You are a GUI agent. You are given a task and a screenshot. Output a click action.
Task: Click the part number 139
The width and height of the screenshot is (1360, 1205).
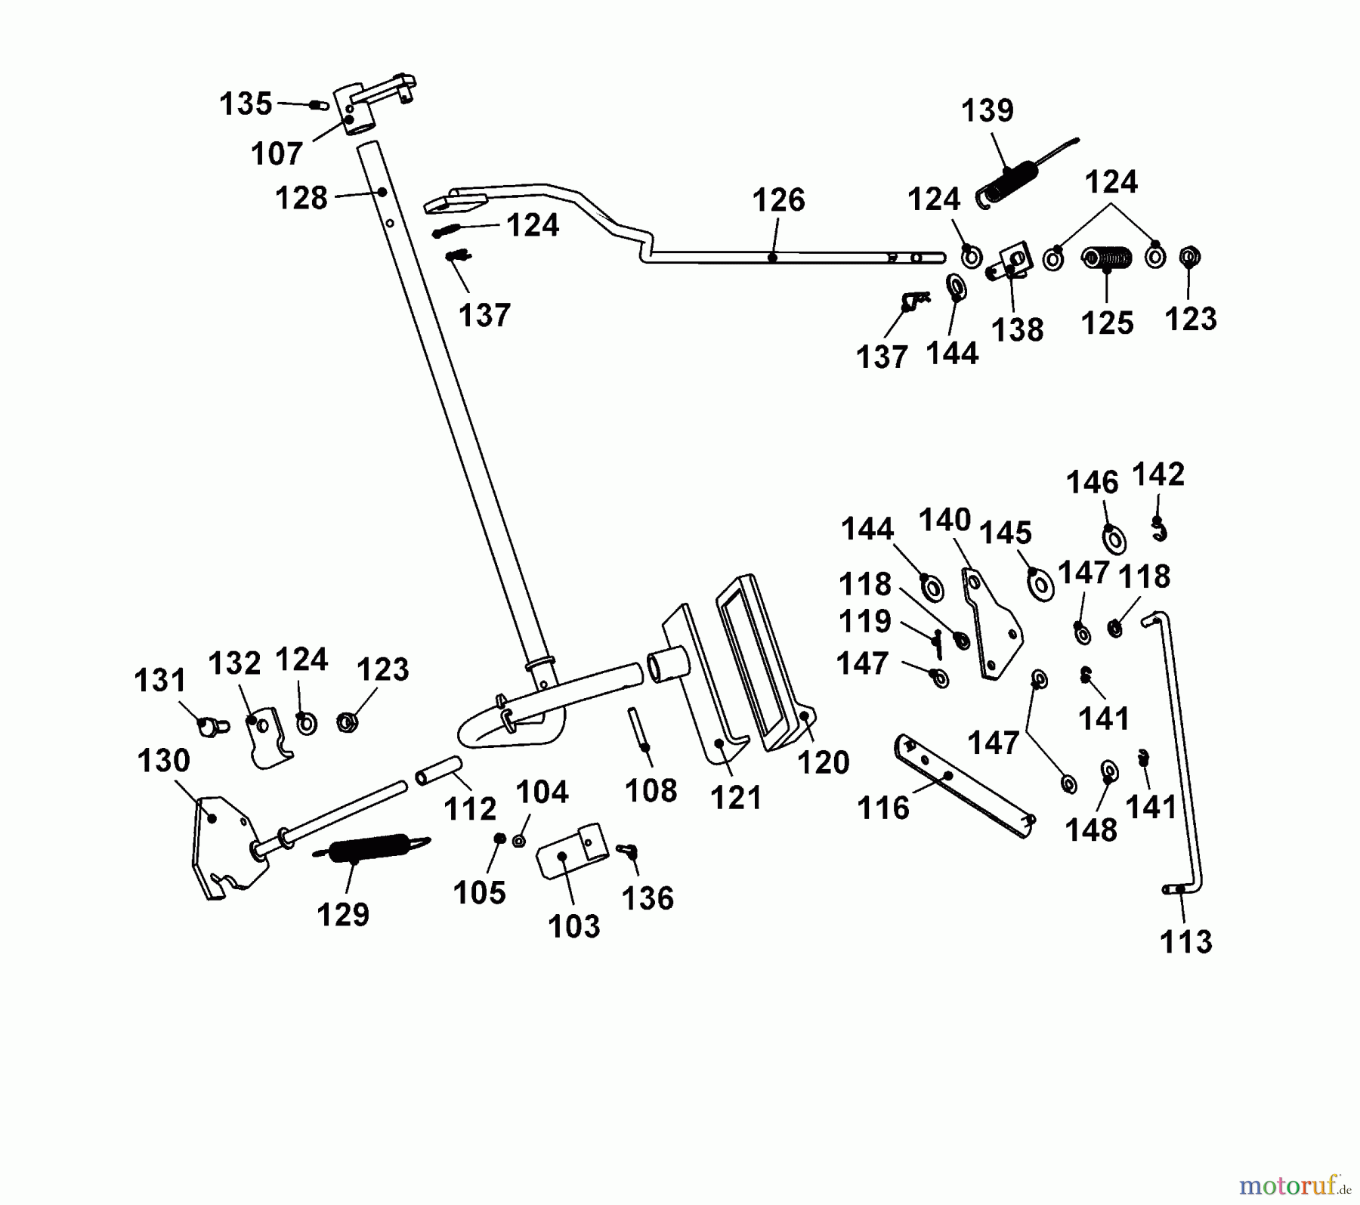coord(987,111)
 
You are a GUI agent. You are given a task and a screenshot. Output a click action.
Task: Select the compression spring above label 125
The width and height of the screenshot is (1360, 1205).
coord(1107,259)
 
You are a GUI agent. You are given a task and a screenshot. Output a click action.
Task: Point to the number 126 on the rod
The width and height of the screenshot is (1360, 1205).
coord(778,200)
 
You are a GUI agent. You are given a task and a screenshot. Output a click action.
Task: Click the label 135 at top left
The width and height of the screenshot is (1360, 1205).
coord(246,104)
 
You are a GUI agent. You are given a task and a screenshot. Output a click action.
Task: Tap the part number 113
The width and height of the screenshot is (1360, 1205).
coord(1185,942)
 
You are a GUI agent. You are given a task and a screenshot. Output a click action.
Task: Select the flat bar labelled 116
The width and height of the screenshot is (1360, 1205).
coord(963,786)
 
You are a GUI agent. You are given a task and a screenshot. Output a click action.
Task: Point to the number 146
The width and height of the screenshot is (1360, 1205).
coord(1092,483)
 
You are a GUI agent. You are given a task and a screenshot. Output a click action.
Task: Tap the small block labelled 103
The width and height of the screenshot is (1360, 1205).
coord(572,851)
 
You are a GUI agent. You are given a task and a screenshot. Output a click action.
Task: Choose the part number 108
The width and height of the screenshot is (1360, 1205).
coord(651,791)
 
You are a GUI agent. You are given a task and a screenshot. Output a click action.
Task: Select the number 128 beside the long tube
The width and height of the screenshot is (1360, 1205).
coord(301,199)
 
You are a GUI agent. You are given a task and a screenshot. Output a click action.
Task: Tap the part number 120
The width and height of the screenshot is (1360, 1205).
coord(823,762)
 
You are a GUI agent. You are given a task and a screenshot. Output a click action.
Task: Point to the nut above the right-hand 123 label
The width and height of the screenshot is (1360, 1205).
coord(1189,258)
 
